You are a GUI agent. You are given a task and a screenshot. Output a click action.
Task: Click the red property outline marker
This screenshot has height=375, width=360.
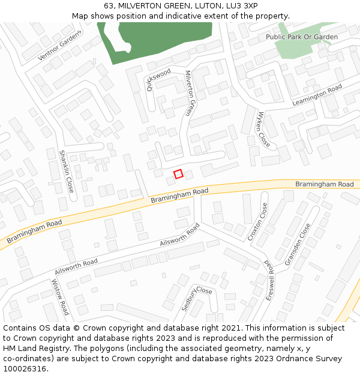(178, 174)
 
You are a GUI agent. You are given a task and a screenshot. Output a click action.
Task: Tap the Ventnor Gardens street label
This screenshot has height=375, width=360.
(59, 46)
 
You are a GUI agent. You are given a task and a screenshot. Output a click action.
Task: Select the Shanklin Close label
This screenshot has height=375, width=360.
(66, 171)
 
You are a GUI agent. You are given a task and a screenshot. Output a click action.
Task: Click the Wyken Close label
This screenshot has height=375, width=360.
(263, 130)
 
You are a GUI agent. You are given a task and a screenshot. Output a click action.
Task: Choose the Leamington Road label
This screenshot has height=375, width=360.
(317, 95)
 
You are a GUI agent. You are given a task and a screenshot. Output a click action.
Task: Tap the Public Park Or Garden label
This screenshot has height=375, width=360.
(302, 37)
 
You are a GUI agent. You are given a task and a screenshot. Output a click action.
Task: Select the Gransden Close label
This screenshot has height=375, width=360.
(298, 244)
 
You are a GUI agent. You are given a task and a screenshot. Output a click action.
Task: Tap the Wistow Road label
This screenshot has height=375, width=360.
(60, 297)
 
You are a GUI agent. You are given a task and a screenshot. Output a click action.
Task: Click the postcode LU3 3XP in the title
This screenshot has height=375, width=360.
(242, 6)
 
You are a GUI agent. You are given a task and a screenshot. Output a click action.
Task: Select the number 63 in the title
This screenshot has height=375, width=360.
(108, 6)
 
